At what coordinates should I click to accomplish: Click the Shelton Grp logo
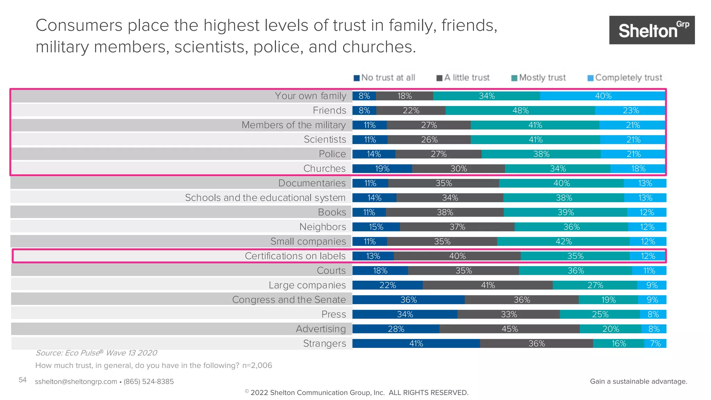pyautogui.click(x=652, y=30)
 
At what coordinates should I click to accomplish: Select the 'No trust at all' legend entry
pyautogui.click(x=384, y=78)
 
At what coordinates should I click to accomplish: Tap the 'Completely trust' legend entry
pyautogui.click(x=625, y=78)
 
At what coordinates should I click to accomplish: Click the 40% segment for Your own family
pyautogui.click(x=603, y=96)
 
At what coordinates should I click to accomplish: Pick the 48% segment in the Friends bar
pyautogui.click(x=520, y=111)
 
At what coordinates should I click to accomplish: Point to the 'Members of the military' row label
pyautogui.click(x=293, y=125)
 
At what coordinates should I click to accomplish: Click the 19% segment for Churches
pyautogui.click(x=382, y=169)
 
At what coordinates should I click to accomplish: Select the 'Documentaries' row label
pyautogui.click(x=312, y=183)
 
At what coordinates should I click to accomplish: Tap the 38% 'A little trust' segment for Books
pyautogui.click(x=445, y=212)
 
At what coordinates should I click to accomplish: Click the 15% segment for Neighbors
pyautogui.click(x=376, y=227)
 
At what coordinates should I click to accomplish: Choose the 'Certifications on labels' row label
pyautogui.click(x=295, y=256)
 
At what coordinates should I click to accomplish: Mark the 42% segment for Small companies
pyautogui.click(x=563, y=242)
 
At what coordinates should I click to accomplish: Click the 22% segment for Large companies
pyautogui.click(x=387, y=285)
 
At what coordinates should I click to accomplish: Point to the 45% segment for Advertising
pyautogui.click(x=509, y=329)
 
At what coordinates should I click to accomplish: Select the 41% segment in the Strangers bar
pyautogui.click(x=416, y=344)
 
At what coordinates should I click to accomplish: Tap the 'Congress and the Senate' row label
pyautogui.click(x=289, y=300)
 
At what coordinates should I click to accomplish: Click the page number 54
pyautogui.click(x=23, y=380)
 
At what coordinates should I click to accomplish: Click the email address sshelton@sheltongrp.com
pyautogui.click(x=76, y=382)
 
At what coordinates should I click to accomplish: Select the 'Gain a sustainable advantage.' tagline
pyautogui.click(x=638, y=382)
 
